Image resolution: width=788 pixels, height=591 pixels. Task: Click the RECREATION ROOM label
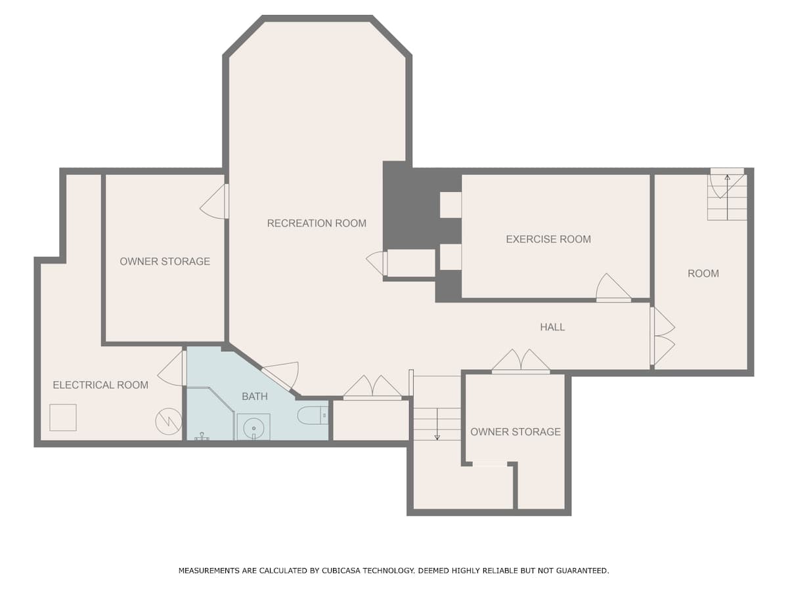(317, 223)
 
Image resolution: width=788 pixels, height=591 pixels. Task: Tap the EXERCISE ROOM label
(548, 239)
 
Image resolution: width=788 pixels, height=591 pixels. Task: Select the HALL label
(552, 327)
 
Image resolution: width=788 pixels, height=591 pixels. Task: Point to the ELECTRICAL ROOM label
(100, 385)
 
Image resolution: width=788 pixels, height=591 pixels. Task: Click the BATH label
(255, 397)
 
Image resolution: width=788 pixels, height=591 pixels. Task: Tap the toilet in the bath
(313, 416)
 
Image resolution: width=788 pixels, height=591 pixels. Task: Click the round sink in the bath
(254, 428)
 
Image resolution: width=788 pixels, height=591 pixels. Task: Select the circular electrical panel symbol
(168, 422)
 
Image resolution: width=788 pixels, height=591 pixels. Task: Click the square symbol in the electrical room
(63, 418)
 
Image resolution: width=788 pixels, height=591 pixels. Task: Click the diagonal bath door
(276, 379)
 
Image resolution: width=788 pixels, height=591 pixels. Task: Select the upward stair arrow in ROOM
(728, 198)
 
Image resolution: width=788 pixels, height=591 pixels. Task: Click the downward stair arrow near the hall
(437, 424)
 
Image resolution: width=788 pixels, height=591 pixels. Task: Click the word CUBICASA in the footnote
(341, 571)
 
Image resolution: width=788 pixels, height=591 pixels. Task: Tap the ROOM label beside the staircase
(703, 273)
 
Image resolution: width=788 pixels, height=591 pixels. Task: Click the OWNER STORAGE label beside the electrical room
(165, 261)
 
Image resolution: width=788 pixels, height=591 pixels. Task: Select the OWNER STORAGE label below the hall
(515, 431)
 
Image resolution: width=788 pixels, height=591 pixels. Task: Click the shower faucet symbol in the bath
(202, 436)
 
